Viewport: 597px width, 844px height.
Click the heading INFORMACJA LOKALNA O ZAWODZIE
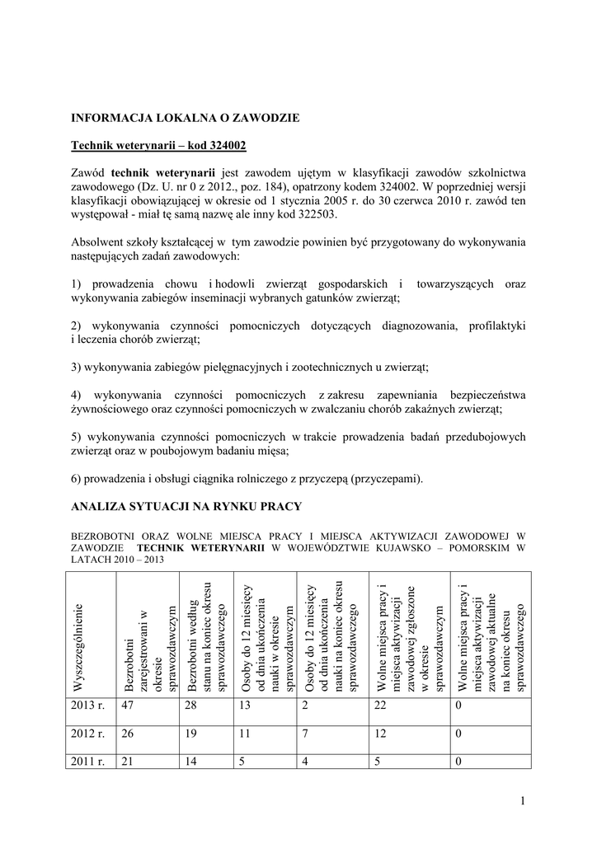coord(185,118)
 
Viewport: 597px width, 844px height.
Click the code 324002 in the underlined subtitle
coord(223,145)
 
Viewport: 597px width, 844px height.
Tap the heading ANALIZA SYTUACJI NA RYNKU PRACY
coord(186,505)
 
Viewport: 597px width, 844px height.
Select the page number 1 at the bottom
coord(523,802)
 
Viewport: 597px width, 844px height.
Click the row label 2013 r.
coord(89,705)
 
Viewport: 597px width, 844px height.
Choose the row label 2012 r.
coord(89,734)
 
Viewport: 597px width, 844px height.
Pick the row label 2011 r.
coord(89,762)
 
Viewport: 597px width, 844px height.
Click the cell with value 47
coord(128,705)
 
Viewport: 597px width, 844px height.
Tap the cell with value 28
coord(191,705)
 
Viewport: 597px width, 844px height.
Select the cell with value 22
coord(381,705)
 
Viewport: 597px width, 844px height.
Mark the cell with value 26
coord(128,734)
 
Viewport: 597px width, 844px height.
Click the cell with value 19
coord(191,734)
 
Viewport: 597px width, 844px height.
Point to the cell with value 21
coord(128,762)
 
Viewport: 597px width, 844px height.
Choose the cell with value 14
coord(191,762)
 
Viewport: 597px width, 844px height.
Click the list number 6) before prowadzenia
coord(78,479)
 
